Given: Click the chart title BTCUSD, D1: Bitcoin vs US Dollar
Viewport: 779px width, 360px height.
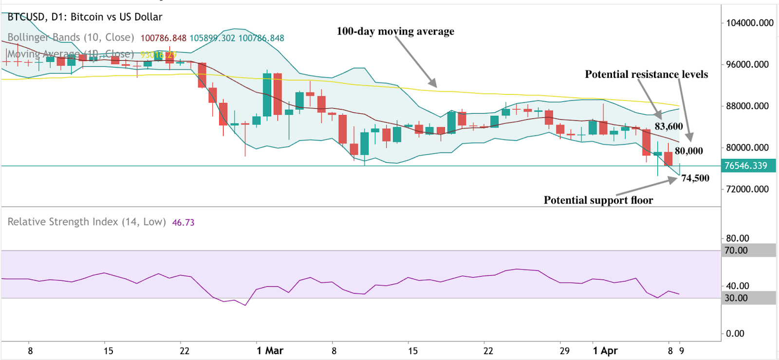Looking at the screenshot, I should click(85, 17).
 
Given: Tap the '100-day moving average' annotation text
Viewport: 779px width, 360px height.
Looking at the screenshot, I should click(395, 31).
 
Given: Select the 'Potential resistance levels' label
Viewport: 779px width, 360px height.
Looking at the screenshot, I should click(646, 75).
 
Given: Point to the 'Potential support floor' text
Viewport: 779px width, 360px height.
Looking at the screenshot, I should click(598, 200).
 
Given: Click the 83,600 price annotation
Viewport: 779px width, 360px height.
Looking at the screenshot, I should click(668, 127).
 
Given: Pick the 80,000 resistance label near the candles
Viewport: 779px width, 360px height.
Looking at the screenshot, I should click(688, 151).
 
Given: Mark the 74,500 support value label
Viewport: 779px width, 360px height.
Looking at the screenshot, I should click(695, 178).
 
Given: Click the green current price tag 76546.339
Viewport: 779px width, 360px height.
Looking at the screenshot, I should click(745, 166).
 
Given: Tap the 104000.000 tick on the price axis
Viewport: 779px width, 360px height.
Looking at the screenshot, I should click(749, 23).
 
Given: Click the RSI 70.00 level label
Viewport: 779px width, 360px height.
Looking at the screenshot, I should click(736, 250).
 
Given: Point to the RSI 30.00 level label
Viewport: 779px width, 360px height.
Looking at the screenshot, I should click(736, 298).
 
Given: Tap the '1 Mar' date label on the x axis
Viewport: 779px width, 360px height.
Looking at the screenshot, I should click(270, 351).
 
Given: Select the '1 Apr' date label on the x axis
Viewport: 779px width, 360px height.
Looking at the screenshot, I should click(605, 351).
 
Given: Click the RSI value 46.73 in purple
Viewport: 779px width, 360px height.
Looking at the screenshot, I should click(183, 223).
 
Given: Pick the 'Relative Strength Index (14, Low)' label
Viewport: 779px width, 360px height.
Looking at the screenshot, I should click(87, 222).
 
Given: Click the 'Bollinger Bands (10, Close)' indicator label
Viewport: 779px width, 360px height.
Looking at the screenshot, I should click(71, 38).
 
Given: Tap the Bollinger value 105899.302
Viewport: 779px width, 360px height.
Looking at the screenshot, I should click(212, 38).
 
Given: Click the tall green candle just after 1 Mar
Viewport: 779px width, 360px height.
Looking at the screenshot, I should click(267, 95).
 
